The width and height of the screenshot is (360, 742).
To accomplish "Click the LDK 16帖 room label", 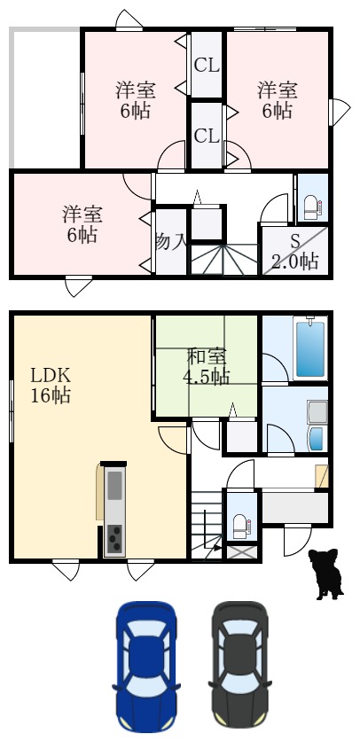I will click(x=51, y=384).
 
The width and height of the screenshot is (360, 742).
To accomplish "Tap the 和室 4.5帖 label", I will click(x=207, y=367).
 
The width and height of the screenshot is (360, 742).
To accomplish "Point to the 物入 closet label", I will click(x=170, y=241).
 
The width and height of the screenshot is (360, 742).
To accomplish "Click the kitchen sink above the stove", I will click(x=114, y=487).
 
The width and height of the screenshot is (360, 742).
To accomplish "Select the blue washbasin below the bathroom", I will click(x=316, y=440).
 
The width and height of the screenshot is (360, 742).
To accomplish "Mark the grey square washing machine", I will click(x=317, y=411).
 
